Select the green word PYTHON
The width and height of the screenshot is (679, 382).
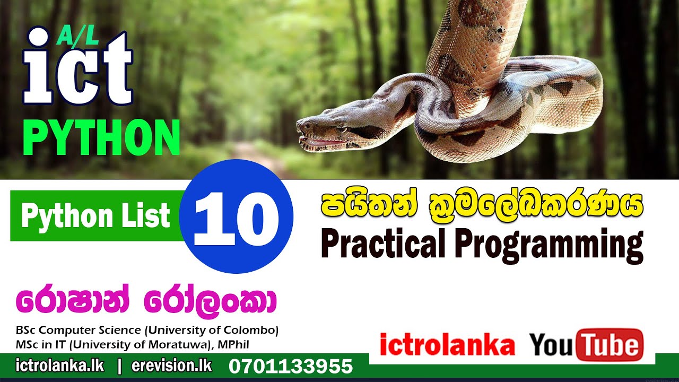coord(101,138)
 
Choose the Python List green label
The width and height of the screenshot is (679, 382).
coord(95,216)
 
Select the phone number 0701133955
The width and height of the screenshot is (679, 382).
coord(291,366)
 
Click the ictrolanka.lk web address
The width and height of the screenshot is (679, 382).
coord(60,366)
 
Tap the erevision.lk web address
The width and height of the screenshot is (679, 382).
coord(171,366)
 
